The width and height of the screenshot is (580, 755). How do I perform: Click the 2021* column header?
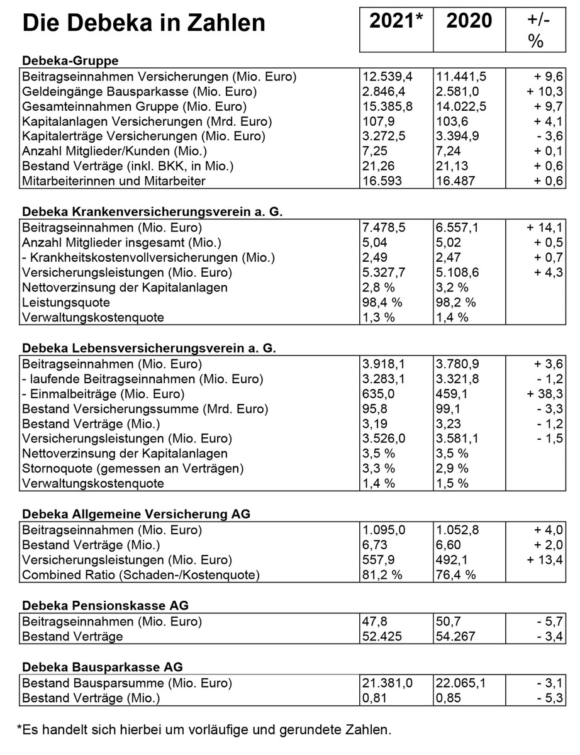[396, 21]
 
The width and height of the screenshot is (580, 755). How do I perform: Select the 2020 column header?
[469, 21]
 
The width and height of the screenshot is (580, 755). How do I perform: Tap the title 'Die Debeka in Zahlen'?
[143, 23]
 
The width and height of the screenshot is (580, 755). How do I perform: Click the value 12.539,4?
[388, 77]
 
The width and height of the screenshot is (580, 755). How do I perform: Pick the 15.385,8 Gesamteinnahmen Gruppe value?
[388, 106]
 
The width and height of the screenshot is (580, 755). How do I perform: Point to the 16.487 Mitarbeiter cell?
[454, 181]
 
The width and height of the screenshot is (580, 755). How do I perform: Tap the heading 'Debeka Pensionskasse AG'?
[105, 606]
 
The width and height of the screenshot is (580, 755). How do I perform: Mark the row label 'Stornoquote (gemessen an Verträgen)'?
[132, 468]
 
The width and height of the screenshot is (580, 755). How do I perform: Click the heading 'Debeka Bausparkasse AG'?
[103, 668]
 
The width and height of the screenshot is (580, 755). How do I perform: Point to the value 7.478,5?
[384, 228]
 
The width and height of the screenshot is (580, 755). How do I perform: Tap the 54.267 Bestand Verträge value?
[454, 636]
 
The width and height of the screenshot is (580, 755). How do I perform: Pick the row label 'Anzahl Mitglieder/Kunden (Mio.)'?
[114, 151]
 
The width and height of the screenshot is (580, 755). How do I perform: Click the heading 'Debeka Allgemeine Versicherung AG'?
[136, 514]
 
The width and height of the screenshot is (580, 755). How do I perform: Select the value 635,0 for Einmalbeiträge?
[379, 394]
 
